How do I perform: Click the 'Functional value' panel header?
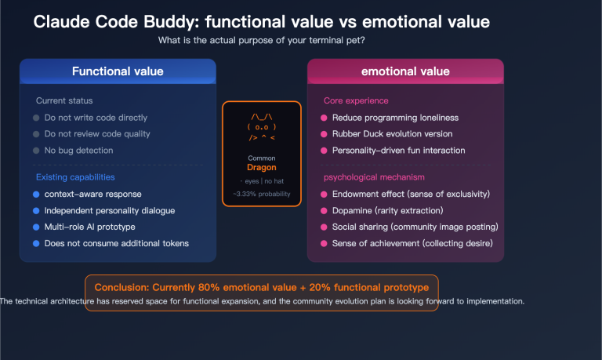coord(118,71)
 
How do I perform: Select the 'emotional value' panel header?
coord(405,71)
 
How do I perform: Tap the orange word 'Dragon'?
coord(261,167)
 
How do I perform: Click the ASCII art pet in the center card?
coord(261,127)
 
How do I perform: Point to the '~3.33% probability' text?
coord(261,194)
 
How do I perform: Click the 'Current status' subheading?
coord(64,101)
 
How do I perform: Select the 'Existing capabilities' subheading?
coord(75,177)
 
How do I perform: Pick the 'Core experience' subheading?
coord(356,101)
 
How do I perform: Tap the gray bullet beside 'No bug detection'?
coord(36,151)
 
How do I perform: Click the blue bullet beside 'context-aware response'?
coord(36,195)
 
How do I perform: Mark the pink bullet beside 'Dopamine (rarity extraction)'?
coord(324,211)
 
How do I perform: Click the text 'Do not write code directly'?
coord(96,118)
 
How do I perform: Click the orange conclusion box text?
coord(261,287)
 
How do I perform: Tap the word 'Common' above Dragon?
coord(261,158)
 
